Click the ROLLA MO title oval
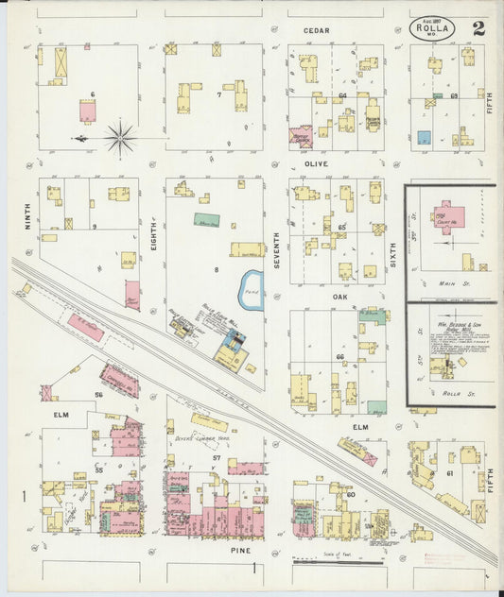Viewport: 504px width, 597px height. coord(433,28)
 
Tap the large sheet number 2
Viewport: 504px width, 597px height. coord(478,27)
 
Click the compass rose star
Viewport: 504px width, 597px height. coord(120,139)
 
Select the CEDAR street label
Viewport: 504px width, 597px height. coord(316,30)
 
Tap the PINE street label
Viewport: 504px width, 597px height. coord(211,548)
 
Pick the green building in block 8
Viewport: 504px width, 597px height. coord(207,220)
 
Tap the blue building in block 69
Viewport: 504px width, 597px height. coord(425,137)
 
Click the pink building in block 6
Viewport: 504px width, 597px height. coord(87,112)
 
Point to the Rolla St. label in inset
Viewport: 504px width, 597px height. coord(447,394)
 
